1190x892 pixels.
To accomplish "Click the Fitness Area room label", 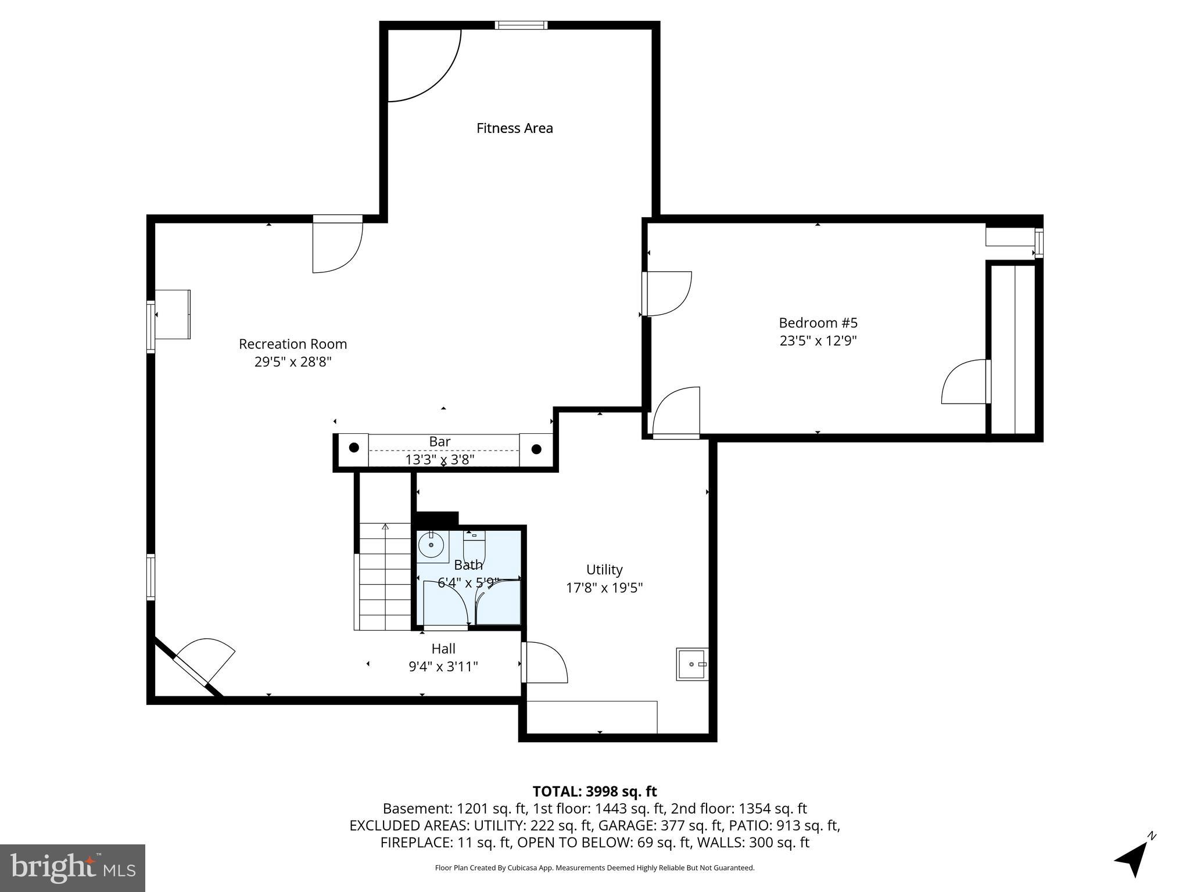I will click(514, 128).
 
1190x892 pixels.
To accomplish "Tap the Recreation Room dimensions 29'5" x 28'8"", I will click(293, 362).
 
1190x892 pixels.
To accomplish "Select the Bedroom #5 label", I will click(818, 323).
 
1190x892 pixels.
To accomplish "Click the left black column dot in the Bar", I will click(354, 448).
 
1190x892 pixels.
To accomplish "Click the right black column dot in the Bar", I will click(536, 449).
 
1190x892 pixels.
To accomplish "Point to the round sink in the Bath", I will click(431, 545).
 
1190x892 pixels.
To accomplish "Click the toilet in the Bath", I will click(474, 545).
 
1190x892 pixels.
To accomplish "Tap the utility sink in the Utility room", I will click(691, 664).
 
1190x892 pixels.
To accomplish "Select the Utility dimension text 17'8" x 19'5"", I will click(604, 588).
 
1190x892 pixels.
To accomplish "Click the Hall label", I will click(443, 649).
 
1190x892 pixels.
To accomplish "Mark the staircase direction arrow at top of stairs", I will click(385, 527).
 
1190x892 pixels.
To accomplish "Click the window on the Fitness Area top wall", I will click(521, 25).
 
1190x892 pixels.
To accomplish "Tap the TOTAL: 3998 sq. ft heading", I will click(594, 792).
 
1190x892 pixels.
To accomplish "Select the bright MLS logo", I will click(72, 868).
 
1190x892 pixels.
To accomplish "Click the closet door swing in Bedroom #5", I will click(965, 382).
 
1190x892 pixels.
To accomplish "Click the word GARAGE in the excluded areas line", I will click(621, 825).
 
